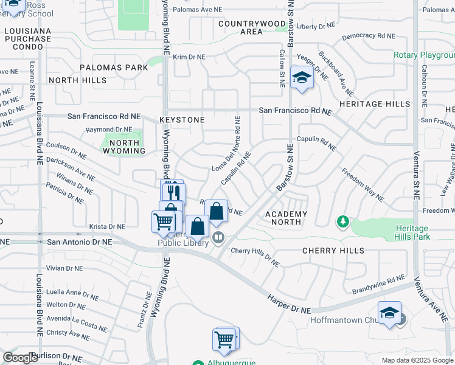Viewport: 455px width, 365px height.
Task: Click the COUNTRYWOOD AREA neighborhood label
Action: point(252,27)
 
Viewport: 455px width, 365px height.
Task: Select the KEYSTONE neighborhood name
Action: point(182,120)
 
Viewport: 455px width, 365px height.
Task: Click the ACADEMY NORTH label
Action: point(286,218)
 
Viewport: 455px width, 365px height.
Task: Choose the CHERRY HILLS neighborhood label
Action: point(333,251)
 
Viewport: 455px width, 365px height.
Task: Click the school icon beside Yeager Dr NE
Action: point(302,77)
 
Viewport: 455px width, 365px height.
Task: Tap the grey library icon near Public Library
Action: point(218,237)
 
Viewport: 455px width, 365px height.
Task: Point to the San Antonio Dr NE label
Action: point(80,242)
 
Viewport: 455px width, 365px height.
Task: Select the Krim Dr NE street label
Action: point(189,57)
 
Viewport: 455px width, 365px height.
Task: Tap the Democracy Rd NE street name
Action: point(369,36)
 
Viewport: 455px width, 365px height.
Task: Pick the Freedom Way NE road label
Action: point(363,185)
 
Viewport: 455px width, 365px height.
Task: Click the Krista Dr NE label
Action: point(107,226)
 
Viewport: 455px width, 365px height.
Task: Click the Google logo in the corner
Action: point(21,358)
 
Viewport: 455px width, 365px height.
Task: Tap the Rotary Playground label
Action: point(424,55)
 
